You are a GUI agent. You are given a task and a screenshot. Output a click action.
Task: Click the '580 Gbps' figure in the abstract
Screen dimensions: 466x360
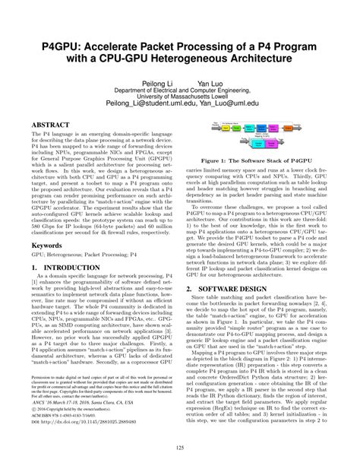[49, 226]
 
